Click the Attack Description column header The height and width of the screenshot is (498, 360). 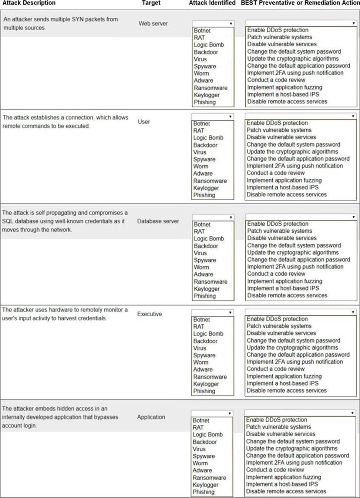(x=29, y=3)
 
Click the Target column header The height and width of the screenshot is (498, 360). (x=151, y=3)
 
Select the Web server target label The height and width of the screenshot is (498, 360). (x=153, y=23)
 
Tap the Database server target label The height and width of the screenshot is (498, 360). (x=158, y=221)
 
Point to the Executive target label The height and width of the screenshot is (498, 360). (x=149, y=314)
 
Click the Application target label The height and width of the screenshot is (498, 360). (x=151, y=417)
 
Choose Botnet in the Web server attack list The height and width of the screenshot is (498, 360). (x=202, y=31)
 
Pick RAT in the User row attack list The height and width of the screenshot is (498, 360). (x=199, y=131)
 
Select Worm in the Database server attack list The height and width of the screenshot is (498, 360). (x=201, y=267)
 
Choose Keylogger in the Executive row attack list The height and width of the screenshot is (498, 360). (x=206, y=384)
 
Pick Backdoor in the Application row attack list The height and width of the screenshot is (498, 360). (x=205, y=442)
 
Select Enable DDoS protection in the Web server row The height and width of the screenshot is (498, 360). (x=277, y=30)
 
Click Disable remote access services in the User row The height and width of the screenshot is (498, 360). (x=286, y=195)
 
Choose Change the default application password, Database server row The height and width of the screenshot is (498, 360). (x=299, y=260)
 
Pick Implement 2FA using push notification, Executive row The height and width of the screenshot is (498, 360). (x=295, y=362)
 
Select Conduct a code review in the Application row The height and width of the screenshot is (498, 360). (x=275, y=470)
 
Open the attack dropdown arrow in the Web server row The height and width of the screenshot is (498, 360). (x=231, y=23)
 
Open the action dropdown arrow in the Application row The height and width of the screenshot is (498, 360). (x=352, y=413)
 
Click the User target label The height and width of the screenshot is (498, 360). (x=144, y=122)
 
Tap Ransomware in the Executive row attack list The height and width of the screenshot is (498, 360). (x=210, y=377)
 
